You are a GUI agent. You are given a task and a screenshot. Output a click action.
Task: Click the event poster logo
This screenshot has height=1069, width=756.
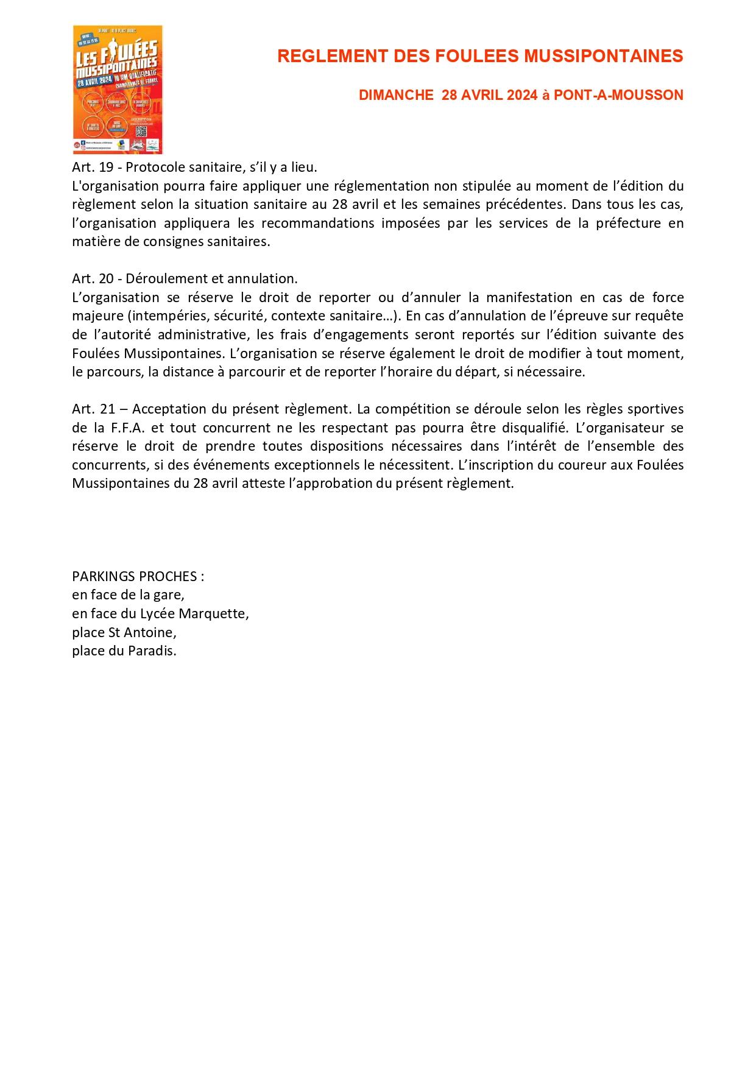(118, 89)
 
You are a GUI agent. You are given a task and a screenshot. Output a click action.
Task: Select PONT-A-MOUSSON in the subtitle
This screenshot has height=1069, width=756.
(618, 96)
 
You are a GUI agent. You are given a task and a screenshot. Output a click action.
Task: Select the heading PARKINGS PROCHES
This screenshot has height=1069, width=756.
(138, 576)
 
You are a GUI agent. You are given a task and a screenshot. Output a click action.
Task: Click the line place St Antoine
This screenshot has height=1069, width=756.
(124, 632)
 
